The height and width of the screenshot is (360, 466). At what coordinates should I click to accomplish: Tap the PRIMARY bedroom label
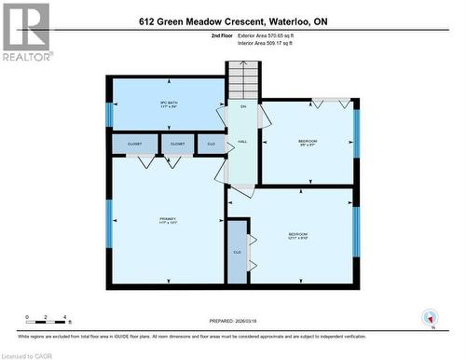coord(168,222)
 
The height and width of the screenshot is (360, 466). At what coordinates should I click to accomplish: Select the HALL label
coord(241,142)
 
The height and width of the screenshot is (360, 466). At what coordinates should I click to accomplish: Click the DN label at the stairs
coord(242,107)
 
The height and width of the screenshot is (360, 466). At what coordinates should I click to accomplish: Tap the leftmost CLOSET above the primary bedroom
coord(134,144)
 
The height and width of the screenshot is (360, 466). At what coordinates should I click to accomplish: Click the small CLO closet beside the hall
coord(211,144)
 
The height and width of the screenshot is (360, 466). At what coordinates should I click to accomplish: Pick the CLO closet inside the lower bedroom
coord(238,251)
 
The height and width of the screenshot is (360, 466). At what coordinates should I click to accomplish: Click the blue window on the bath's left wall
coord(109,115)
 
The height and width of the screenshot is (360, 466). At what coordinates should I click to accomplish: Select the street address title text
coord(232,21)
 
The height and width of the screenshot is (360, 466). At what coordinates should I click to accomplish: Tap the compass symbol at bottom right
coord(429,316)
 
